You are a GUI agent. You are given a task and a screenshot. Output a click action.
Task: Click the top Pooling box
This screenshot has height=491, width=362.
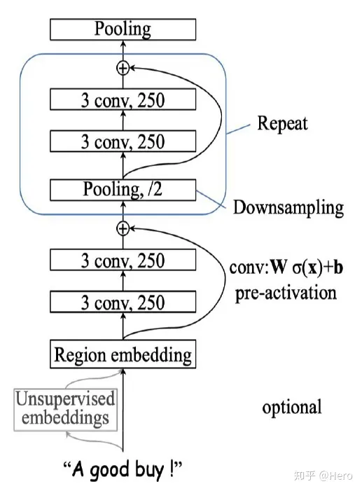(123, 29)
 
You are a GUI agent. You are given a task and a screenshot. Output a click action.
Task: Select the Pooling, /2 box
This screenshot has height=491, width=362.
(123, 190)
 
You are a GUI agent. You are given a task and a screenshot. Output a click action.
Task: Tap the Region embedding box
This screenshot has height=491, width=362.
(123, 354)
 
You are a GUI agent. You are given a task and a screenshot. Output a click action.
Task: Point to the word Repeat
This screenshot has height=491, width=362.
(282, 125)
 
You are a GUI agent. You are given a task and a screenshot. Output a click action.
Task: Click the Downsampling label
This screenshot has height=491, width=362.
(288, 207)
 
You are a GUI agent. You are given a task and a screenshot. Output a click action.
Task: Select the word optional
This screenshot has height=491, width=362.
(292, 407)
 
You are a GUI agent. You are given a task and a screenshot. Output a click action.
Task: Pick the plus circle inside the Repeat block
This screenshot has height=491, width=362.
(123, 68)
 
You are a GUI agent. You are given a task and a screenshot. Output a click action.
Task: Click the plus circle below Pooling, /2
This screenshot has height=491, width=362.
(123, 228)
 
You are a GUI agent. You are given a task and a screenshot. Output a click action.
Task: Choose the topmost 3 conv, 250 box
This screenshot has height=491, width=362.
(123, 99)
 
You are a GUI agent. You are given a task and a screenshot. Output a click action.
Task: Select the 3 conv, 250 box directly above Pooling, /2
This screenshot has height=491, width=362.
(123, 142)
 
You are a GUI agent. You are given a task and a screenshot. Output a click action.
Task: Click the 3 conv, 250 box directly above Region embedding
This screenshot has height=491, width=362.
(123, 303)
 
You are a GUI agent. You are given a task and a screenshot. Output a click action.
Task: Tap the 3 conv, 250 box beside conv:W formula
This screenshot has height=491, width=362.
(123, 261)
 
